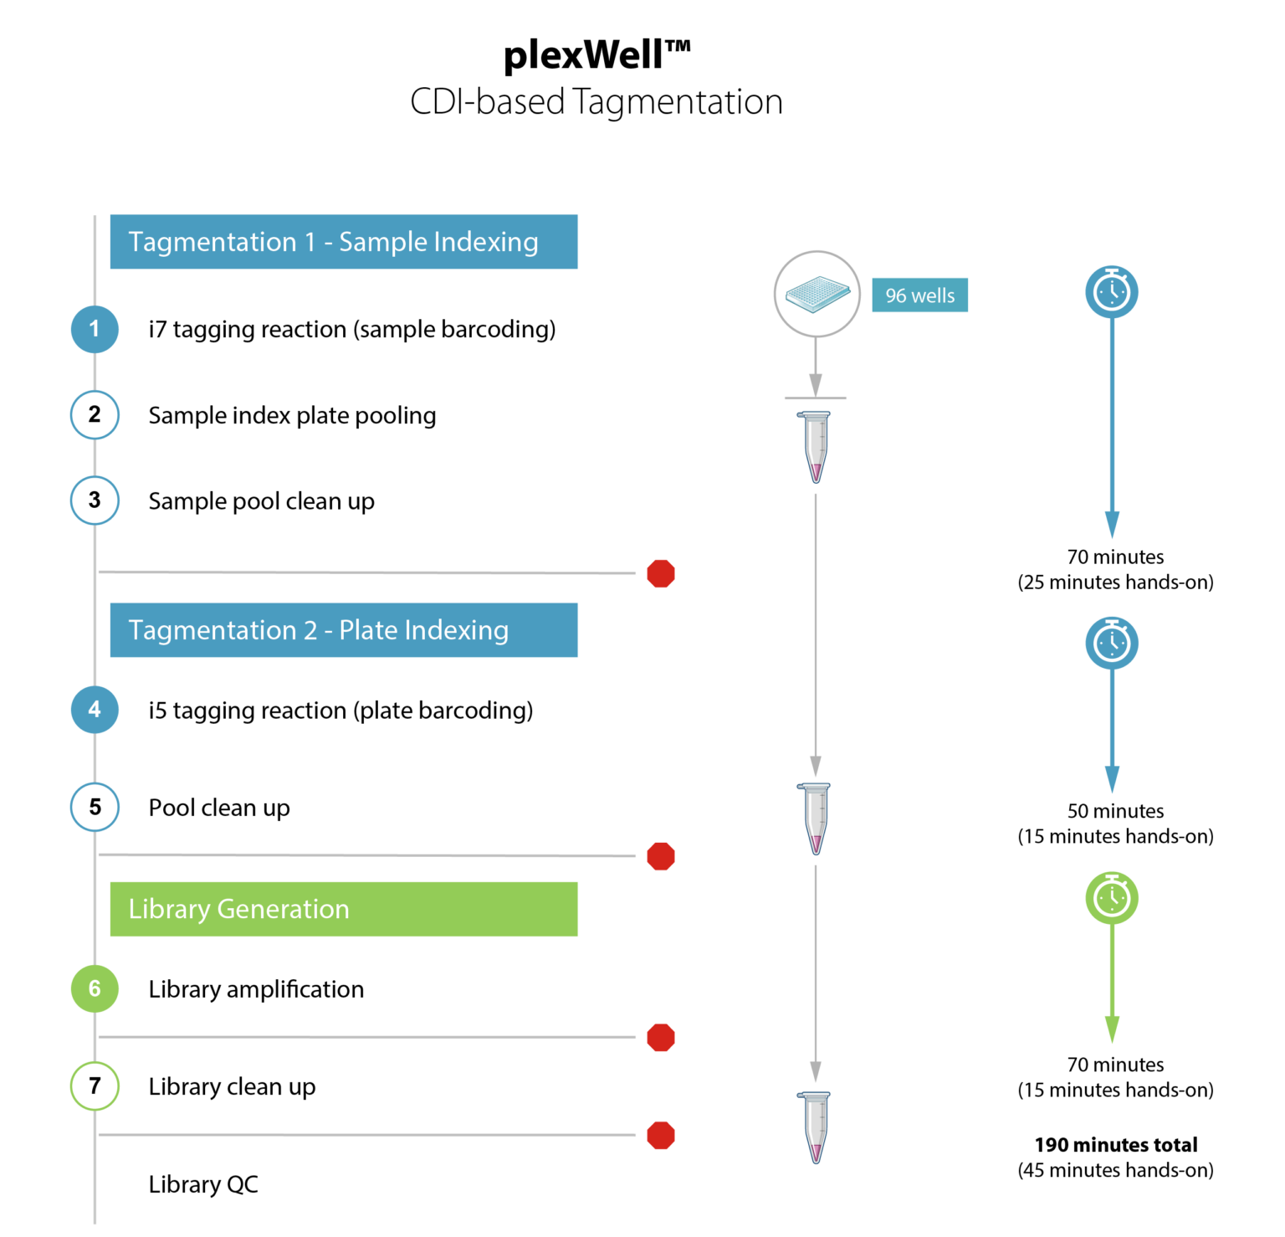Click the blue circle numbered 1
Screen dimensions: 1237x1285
pyautogui.click(x=95, y=329)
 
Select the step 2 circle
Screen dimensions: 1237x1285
pyautogui.click(x=95, y=414)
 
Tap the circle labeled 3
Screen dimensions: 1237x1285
pyautogui.click(x=95, y=500)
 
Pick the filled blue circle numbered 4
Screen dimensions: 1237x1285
pyautogui.click(x=95, y=710)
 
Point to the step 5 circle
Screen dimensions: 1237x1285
pyautogui.click(x=95, y=807)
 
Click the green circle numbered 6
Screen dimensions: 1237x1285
pyautogui.click(x=95, y=988)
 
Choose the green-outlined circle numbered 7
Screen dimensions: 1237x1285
pyautogui.click(x=95, y=1086)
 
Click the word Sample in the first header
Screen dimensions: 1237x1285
pyautogui.click(x=382, y=243)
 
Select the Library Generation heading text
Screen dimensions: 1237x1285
pyautogui.click(x=238, y=909)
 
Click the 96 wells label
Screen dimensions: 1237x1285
pyautogui.click(x=919, y=295)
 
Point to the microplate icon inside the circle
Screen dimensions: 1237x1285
pyautogui.click(x=817, y=294)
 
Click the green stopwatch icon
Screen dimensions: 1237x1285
pyautogui.click(x=1112, y=898)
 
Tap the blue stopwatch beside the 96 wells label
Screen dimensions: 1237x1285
pyautogui.click(x=1112, y=291)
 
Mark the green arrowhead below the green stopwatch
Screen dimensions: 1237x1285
pyautogui.click(x=1112, y=1029)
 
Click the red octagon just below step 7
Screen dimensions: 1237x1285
pyautogui.click(x=661, y=1135)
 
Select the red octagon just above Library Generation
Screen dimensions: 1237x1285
pyautogui.click(x=661, y=856)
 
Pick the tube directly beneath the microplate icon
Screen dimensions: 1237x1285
pyautogui.click(x=816, y=447)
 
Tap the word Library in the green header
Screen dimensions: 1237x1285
pyautogui.click(x=168, y=909)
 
